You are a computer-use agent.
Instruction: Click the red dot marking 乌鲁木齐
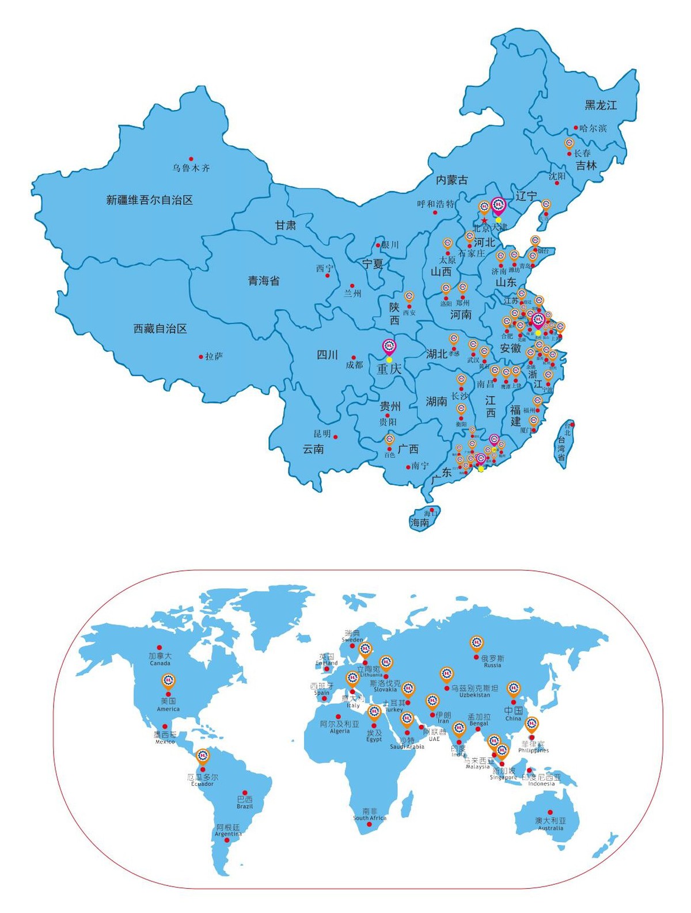pos(191,159)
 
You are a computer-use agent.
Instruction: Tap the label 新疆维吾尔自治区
pos(149,200)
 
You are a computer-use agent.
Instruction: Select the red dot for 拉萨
pos(201,357)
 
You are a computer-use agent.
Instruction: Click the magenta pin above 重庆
pos(390,347)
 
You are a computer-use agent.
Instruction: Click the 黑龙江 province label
pos(601,105)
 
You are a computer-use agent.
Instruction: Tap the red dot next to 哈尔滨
pos(575,128)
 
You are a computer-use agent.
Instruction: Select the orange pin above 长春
pos(569,143)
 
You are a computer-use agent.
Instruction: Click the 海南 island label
pos(420,523)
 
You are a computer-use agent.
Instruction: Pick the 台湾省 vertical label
pos(561,448)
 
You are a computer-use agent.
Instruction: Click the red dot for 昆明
pos(336,436)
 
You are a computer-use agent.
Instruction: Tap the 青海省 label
pos(264,281)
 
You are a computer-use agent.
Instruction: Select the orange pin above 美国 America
pos(168,682)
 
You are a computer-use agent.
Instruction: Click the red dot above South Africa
pos(369,824)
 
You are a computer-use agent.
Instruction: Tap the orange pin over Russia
pos(476,643)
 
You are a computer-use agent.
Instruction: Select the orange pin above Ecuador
pos(203,756)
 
